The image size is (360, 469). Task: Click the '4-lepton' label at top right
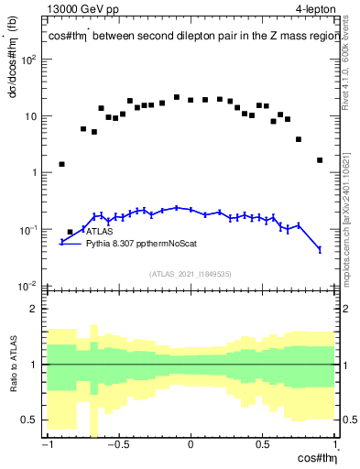pos(315,10)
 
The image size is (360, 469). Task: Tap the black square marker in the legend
pos(71,233)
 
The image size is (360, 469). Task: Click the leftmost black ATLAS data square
pos(61,165)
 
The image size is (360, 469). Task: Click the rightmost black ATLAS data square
pos(320,160)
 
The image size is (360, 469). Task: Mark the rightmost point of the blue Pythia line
pos(320,249)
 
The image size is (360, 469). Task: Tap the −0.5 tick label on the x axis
pos(116,446)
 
